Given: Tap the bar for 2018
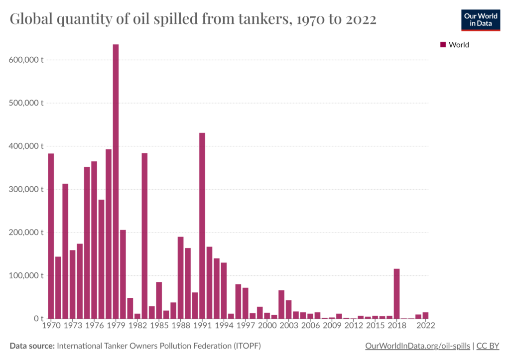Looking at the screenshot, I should click(x=397, y=294).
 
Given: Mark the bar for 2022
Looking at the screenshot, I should click(x=426, y=315).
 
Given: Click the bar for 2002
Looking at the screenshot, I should click(x=281, y=304).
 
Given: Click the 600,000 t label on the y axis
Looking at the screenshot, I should click(x=26, y=60).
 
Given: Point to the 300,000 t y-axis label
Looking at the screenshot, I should click(x=26, y=189).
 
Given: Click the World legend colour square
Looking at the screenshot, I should click(x=443, y=45).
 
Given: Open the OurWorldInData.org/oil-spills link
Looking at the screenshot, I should click(x=417, y=346).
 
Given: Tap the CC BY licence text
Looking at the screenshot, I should click(x=489, y=346).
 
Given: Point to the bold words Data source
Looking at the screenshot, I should click(x=32, y=346).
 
